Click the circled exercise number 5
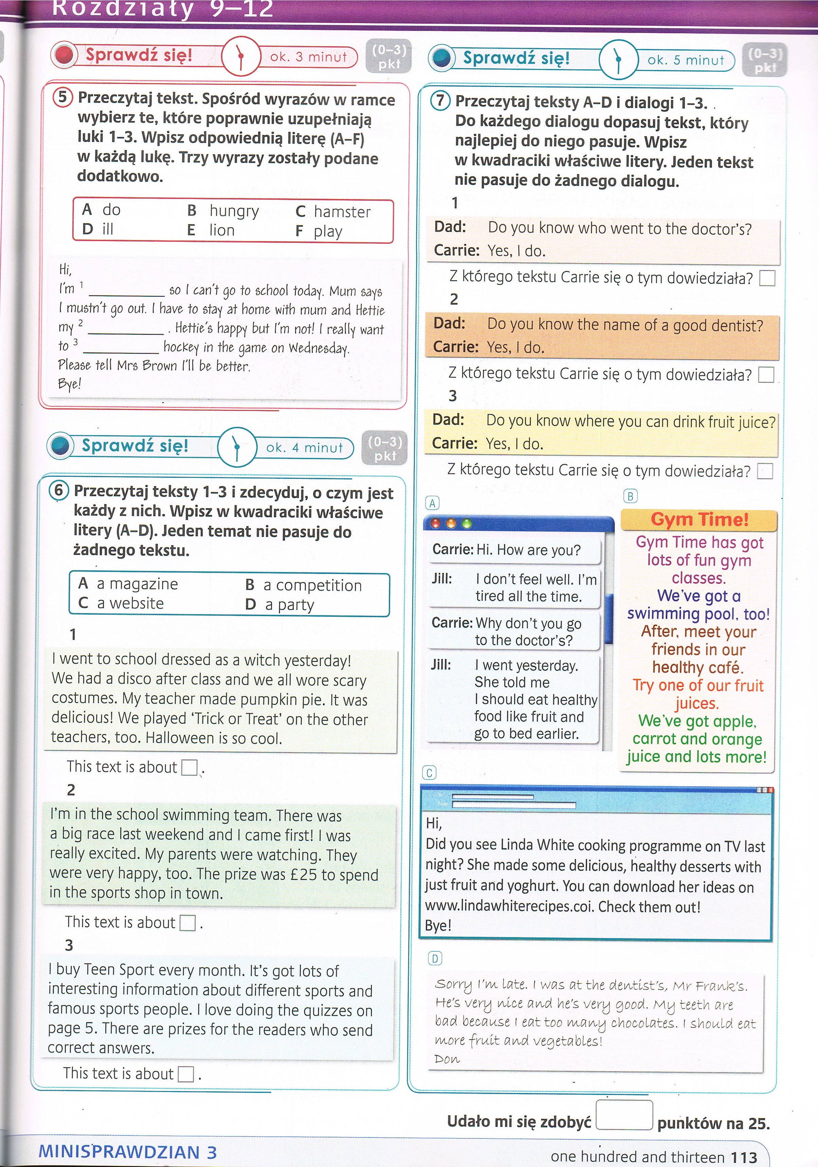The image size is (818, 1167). [62, 96]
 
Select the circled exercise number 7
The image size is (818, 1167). [440, 100]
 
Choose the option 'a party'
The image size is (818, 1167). [289, 604]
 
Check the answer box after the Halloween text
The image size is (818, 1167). [189, 767]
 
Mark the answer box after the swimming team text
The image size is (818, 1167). [187, 922]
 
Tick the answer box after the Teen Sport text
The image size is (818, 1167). [186, 1074]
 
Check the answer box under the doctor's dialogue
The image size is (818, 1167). [767, 278]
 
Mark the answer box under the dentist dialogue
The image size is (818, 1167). [766, 375]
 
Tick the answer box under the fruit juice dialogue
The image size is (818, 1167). [765, 471]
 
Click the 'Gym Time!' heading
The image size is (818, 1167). [699, 519]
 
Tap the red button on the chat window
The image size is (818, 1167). [435, 523]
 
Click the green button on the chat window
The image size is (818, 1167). [467, 523]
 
